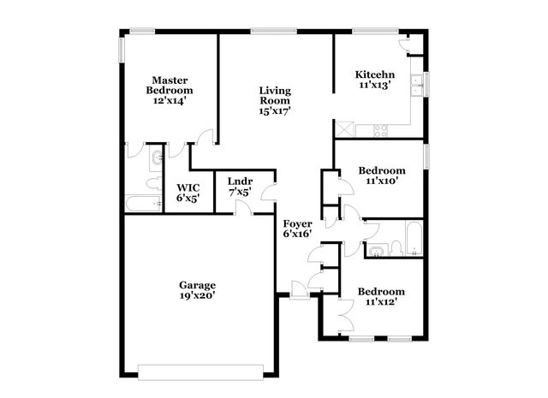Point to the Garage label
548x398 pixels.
[x=197, y=285]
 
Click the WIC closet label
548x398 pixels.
[x=188, y=187]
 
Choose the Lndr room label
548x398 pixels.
[x=240, y=181]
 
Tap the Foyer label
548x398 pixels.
[x=297, y=223]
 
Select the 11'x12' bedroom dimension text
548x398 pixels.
[x=382, y=301]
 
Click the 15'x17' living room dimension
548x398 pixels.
[x=276, y=110]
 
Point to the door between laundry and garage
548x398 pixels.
[x=241, y=210]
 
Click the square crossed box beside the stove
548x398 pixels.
[x=346, y=130]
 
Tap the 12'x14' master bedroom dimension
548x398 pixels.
[x=170, y=100]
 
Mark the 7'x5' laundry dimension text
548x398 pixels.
[x=240, y=193]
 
